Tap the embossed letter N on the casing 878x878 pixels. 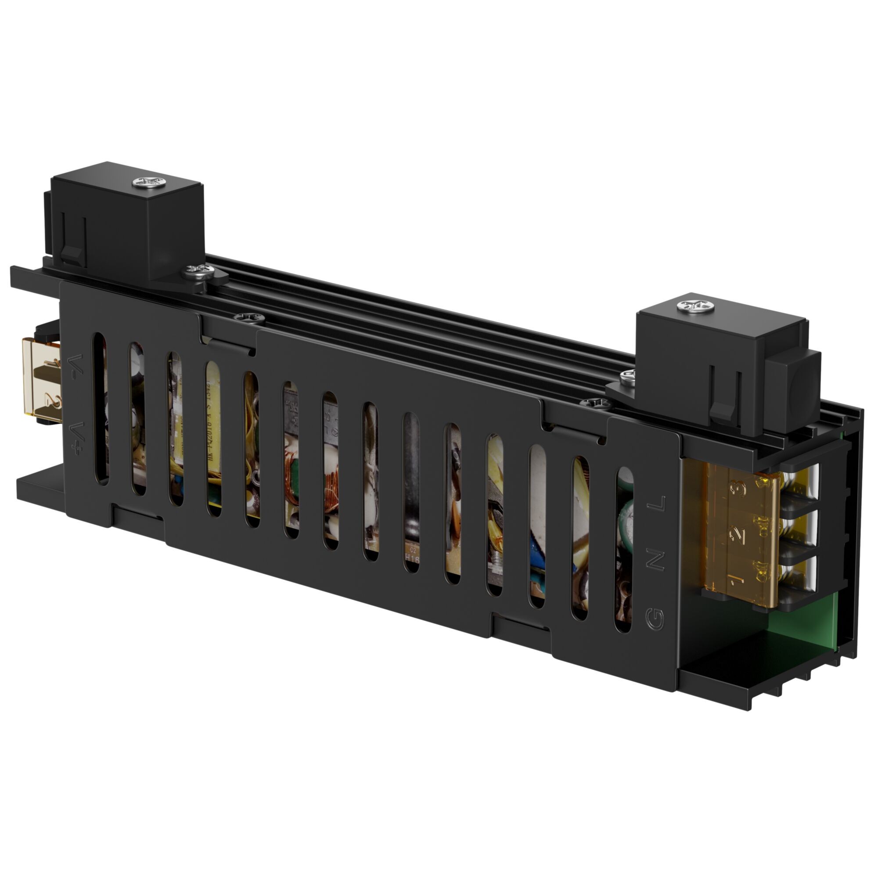[x=655, y=562]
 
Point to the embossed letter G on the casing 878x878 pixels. [x=655, y=619]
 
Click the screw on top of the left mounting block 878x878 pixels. [x=148, y=183]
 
